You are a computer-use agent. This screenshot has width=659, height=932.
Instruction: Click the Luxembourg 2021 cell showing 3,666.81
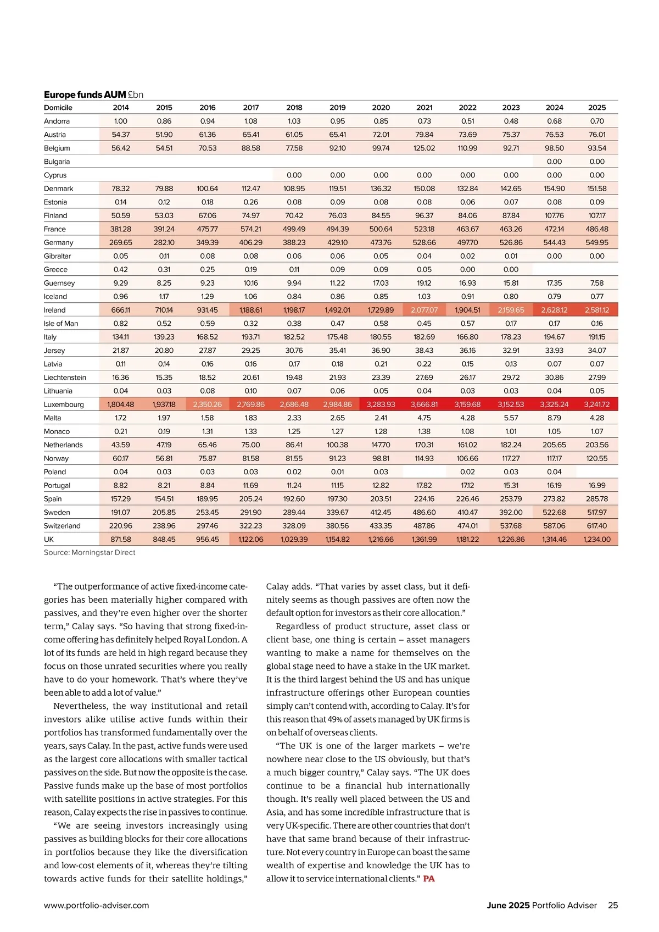[x=424, y=404]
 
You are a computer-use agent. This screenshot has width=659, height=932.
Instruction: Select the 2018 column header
[x=294, y=108]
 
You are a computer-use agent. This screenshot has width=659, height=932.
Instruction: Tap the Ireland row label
[x=54, y=310]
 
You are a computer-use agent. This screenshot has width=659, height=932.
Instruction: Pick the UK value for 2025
[x=597, y=540]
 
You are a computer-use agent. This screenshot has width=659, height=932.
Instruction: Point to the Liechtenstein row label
[x=65, y=378]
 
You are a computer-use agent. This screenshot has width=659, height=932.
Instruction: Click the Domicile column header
[x=58, y=108]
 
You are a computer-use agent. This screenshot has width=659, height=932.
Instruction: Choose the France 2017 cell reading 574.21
[x=251, y=229]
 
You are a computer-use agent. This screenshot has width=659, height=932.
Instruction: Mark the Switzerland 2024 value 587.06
[x=554, y=526]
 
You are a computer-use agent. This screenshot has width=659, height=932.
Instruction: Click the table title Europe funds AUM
[x=85, y=95]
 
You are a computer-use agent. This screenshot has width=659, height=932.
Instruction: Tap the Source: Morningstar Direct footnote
[x=89, y=553]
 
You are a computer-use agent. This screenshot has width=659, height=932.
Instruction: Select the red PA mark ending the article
[x=428, y=879]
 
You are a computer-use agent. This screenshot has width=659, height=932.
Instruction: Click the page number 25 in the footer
[x=613, y=906]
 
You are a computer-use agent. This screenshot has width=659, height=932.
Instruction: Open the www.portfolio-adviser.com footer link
[x=96, y=906]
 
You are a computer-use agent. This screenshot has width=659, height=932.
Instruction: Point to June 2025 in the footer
[x=508, y=906]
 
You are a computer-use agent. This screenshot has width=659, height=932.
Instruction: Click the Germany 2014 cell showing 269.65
[x=121, y=242]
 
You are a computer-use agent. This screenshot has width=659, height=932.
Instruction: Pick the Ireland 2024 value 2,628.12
[x=554, y=310]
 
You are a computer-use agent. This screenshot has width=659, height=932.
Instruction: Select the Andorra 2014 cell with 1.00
[x=121, y=121]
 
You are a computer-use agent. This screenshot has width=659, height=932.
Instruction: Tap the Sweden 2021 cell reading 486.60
[x=424, y=512]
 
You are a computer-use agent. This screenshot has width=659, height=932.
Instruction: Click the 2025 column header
[x=597, y=108]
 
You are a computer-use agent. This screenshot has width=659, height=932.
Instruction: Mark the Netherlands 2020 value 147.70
[x=381, y=445]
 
